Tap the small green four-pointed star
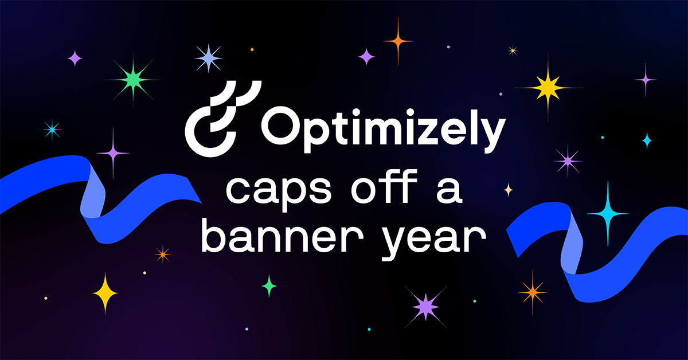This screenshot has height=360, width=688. (x=269, y=285)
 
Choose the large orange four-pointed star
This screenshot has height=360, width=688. (x=398, y=40)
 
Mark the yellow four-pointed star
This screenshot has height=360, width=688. (x=105, y=293)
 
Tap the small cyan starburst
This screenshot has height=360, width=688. (x=52, y=130)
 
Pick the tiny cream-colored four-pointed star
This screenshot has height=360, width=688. (x=508, y=190)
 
